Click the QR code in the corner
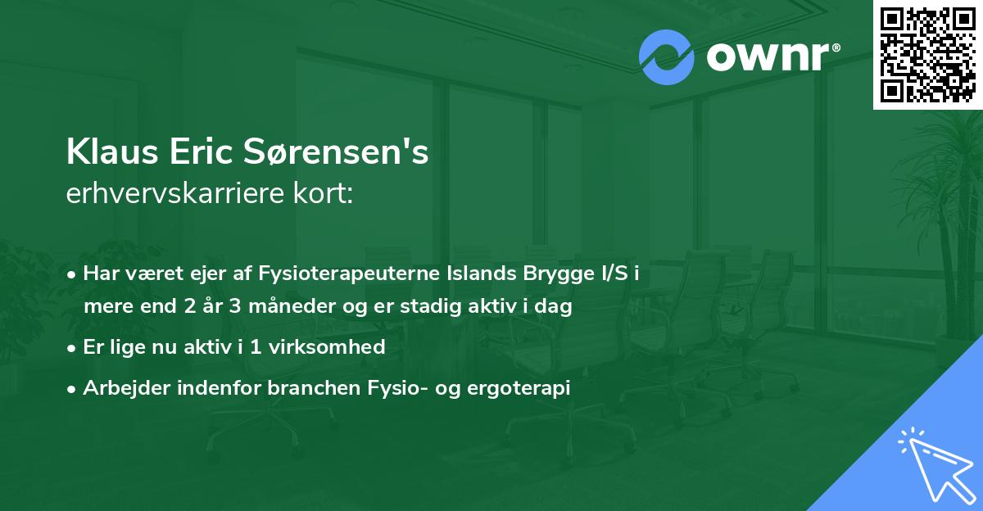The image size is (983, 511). coord(927,54)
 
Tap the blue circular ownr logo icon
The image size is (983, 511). coord(667,57)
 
